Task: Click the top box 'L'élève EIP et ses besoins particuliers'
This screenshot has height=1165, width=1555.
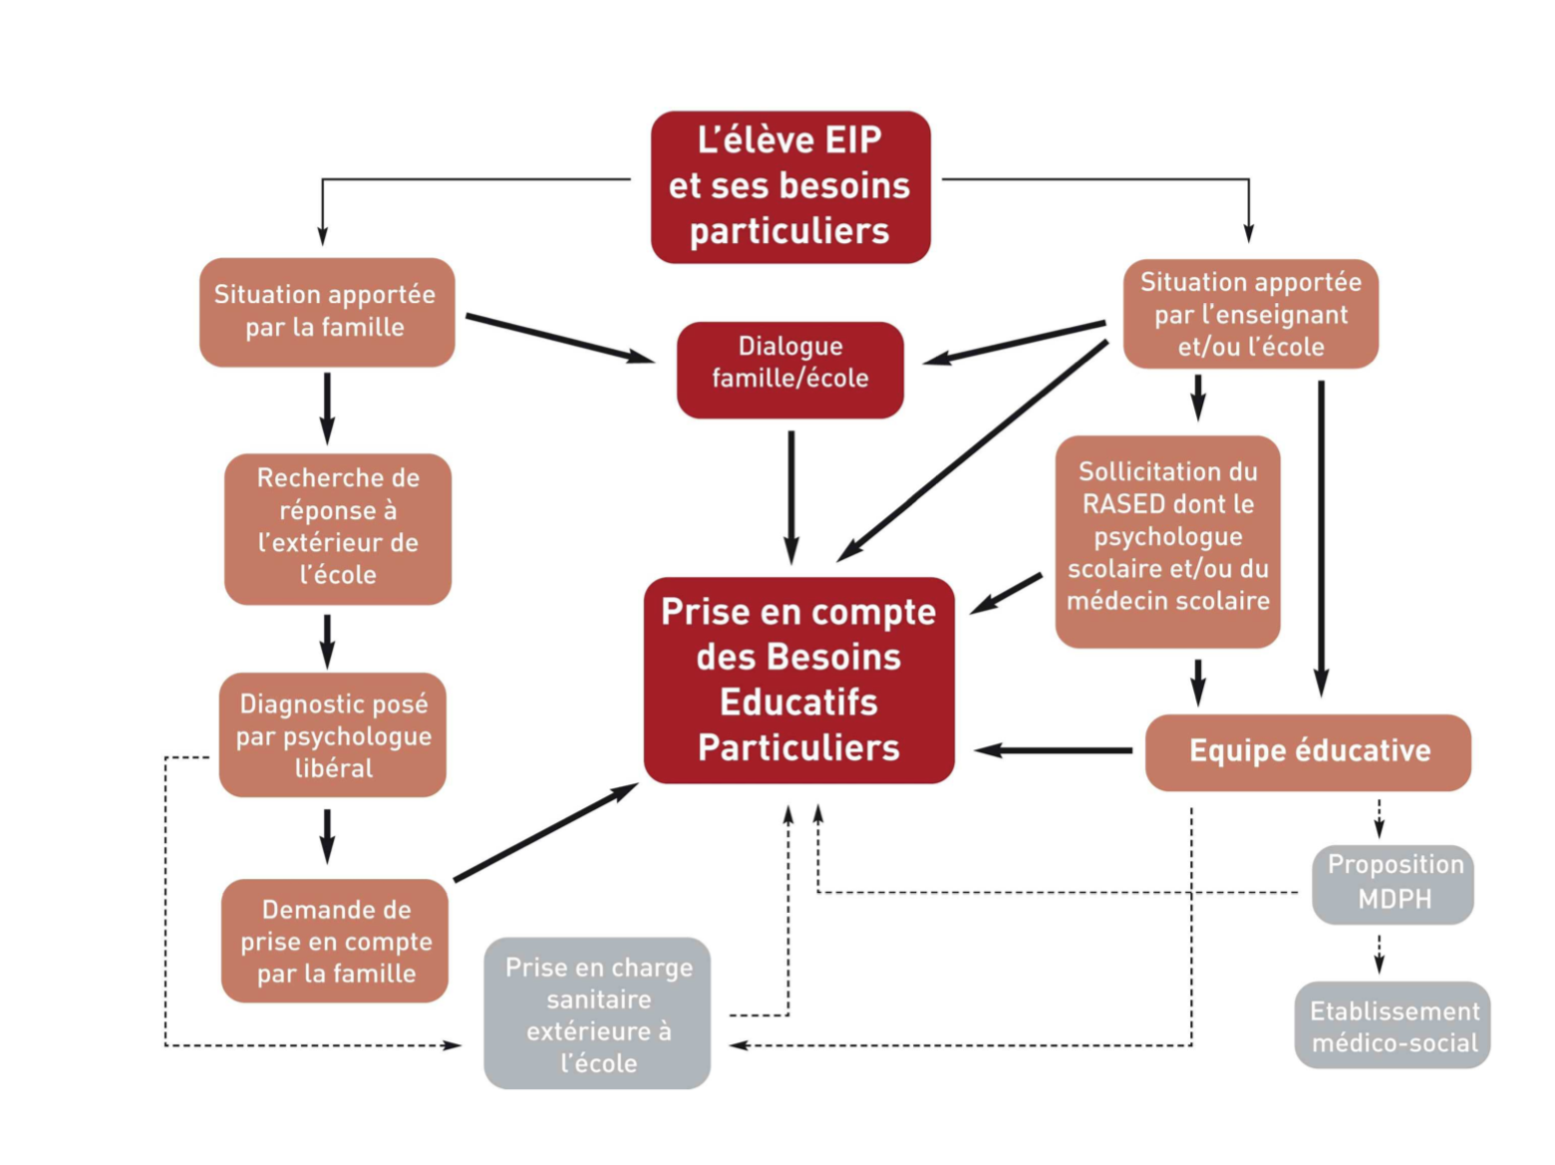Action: (790, 187)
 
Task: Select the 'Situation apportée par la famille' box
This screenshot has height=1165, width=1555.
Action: (327, 312)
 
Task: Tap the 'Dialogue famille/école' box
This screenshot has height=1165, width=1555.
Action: (790, 370)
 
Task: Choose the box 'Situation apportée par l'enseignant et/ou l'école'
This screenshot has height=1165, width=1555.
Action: (1251, 314)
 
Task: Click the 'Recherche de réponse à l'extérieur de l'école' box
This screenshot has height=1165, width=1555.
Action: (338, 528)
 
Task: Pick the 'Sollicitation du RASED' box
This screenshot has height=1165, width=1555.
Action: (1167, 541)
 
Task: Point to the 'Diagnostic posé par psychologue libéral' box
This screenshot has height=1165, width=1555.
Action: (333, 734)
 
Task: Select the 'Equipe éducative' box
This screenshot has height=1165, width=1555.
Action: (1308, 751)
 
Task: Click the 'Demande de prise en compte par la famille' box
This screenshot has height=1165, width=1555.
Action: (335, 940)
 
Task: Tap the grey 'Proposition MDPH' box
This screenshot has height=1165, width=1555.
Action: (1394, 883)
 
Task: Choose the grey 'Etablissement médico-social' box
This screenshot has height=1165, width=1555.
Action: (1393, 1025)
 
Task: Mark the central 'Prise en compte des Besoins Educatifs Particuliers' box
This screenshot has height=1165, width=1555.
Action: (799, 680)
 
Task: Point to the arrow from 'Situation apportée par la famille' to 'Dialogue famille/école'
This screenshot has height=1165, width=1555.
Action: (558, 338)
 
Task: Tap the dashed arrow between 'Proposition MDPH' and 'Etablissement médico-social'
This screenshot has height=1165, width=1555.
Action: (1380, 954)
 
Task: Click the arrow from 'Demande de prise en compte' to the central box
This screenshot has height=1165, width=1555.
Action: (545, 833)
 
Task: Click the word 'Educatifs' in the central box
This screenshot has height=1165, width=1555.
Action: (799, 703)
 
